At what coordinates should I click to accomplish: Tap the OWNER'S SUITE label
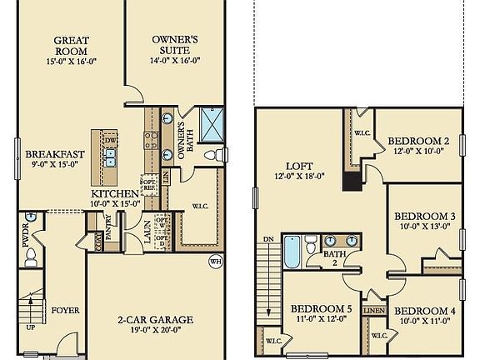(x=175, y=39)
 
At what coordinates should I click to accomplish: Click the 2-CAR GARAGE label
(x=154, y=319)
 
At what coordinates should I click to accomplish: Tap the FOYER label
(x=65, y=311)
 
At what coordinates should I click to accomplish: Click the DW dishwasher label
(x=111, y=140)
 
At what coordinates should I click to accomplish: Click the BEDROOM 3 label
(x=424, y=217)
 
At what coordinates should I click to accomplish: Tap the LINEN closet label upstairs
(x=374, y=310)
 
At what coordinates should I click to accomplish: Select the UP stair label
(x=32, y=327)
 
